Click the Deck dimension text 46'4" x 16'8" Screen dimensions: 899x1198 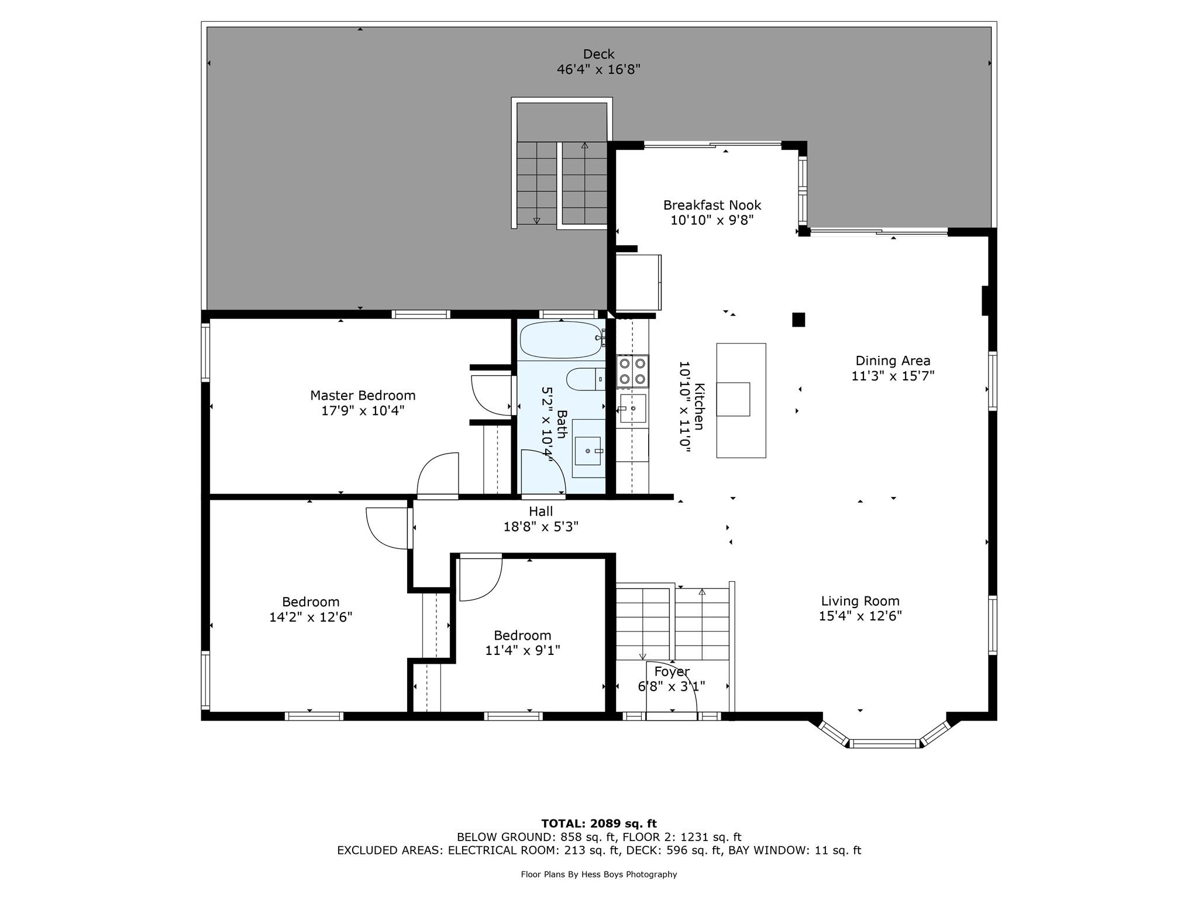tap(598, 70)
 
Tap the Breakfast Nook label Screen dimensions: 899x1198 tap(712, 205)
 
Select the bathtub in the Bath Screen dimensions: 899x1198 tap(560, 339)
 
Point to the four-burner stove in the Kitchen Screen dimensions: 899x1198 tap(632, 371)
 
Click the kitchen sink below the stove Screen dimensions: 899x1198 tap(633, 408)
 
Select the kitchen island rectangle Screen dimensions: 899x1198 tap(741, 400)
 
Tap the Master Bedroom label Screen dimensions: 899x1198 tap(363, 395)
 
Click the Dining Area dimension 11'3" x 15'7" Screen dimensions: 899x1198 tap(893, 376)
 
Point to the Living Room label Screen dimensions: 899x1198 tap(860, 601)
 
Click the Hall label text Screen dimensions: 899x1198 tap(541, 512)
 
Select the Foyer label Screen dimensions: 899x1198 tap(672, 671)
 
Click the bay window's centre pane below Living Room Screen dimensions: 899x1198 tap(884, 744)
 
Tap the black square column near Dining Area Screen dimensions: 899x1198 tap(798, 320)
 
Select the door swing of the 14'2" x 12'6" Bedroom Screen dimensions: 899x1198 tap(386, 529)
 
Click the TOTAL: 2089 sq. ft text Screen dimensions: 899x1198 tap(598, 823)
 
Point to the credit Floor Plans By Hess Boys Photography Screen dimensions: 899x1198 tap(598, 874)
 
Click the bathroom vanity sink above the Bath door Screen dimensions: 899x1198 tap(588, 451)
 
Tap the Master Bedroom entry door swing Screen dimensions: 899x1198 tap(438, 475)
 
